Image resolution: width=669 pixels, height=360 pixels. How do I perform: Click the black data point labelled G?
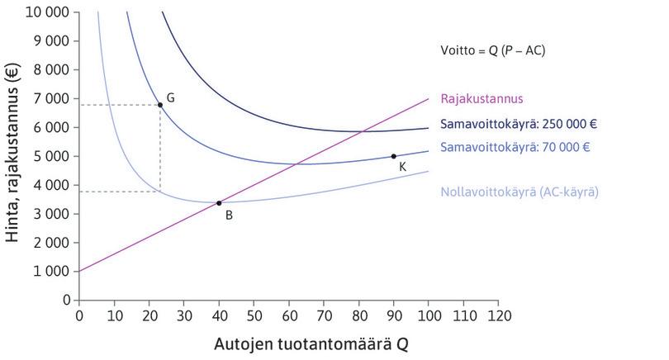point(160,105)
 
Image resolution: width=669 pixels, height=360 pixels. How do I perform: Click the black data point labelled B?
point(219,203)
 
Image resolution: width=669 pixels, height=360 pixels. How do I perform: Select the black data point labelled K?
point(393,156)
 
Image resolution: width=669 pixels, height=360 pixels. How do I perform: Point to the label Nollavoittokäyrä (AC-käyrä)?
point(520,192)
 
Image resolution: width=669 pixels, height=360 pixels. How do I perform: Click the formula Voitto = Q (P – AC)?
point(493,50)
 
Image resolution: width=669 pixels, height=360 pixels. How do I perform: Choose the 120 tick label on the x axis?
point(498,315)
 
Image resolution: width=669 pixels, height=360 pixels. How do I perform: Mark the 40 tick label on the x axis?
point(219,315)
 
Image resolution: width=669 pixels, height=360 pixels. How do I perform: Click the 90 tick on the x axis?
point(393,315)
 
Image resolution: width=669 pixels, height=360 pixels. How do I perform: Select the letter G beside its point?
point(170,97)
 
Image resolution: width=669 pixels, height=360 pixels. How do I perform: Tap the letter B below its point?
point(228,216)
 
